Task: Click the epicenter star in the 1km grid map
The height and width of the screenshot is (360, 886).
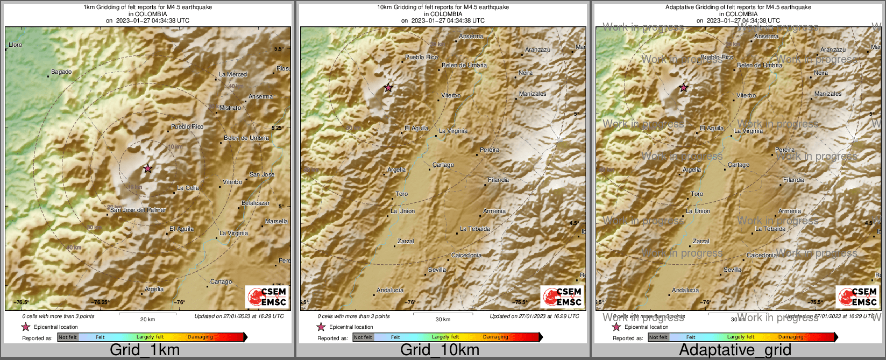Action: pos(148,168)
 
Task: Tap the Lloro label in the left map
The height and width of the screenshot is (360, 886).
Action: pos(16,45)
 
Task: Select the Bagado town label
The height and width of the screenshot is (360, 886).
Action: pos(61,72)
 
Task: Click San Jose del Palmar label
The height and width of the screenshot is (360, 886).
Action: pos(138,210)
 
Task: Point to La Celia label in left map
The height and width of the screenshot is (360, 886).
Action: pos(188,188)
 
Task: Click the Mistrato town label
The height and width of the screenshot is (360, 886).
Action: pos(230,108)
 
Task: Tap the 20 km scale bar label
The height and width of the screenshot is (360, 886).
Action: pos(147,319)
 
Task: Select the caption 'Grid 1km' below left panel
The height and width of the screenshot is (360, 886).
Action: pos(145,350)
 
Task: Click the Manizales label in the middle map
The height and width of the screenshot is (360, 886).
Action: pos(533,94)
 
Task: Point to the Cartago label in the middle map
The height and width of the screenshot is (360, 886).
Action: pos(443,165)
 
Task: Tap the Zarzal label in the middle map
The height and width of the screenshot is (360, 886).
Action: pos(406,241)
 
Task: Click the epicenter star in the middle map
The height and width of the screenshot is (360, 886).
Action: pos(388,88)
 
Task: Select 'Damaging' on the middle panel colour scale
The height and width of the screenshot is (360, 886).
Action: pos(495,337)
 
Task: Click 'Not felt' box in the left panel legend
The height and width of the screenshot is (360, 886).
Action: pos(68,337)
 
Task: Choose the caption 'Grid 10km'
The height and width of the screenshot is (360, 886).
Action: pos(440,350)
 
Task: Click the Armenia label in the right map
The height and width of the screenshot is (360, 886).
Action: pos(790,211)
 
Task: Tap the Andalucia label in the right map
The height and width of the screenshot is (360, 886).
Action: pos(685,290)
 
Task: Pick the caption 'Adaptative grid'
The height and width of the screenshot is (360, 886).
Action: pos(735,350)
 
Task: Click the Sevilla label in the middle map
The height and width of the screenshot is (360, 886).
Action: pos(437,270)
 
